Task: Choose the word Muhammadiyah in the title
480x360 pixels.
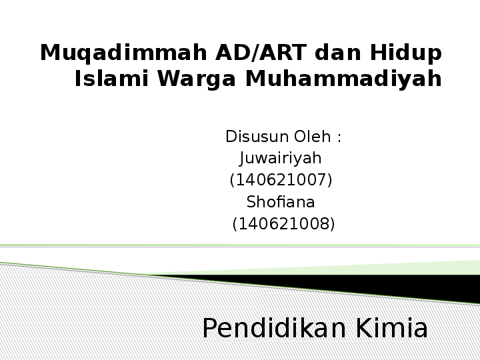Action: pos(344,79)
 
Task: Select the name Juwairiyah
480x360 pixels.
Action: pos(281,159)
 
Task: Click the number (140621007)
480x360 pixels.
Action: pos(281,180)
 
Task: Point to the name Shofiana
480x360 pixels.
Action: pos(281,202)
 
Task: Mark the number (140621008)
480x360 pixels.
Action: pos(283,224)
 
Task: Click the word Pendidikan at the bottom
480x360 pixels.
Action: pos(275,329)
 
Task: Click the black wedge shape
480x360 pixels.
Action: pos(400,287)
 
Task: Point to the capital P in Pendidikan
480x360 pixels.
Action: pos(210,329)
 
